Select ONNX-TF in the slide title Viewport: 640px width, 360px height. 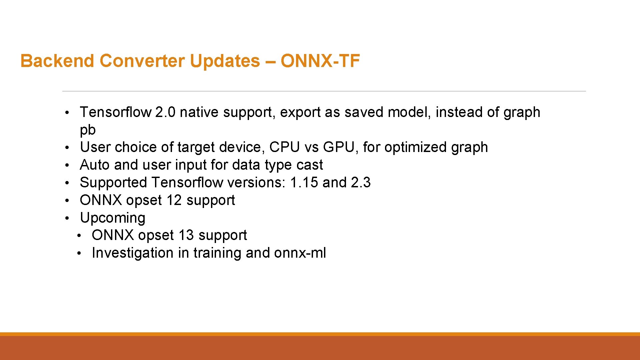tap(320, 61)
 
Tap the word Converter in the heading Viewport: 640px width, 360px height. tap(142, 61)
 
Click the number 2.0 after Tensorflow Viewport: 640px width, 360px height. tap(165, 112)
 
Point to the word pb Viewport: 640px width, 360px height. tap(88, 130)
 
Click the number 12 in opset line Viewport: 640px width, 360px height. tap(174, 200)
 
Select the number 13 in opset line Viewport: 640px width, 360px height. tap(186, 235)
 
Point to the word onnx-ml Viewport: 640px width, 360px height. tap(300, 253)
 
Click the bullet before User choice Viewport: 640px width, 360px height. tap(67, 148)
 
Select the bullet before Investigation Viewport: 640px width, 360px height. tap(79, 253)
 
